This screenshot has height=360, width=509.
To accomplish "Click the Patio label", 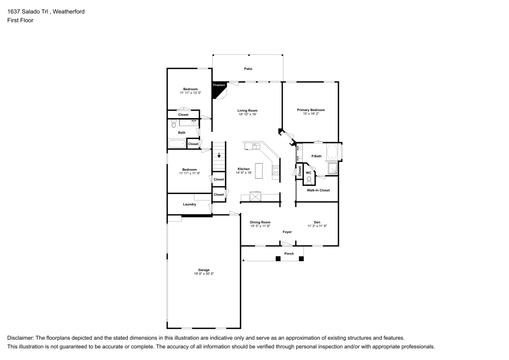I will click(x=248, y=69).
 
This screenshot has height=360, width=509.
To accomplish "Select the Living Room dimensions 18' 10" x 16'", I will click(x=247, y=115).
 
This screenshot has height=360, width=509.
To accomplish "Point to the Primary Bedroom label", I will click(x=310, y=110).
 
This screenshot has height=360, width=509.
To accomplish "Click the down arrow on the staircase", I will click(x=219, y=156).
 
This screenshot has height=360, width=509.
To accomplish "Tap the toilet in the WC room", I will click(x=309, y=179).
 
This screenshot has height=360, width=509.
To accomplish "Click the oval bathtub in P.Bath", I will click(x=331, y=152).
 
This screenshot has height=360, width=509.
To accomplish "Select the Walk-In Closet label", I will click(x=318, y=190).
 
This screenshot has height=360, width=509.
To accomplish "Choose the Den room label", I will click(x=317, y=222).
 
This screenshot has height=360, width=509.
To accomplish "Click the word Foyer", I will click(x=288, y=232).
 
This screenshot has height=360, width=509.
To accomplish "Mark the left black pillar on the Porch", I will click(x=278, y=259).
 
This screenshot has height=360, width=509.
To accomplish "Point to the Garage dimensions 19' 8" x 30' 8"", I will click(x=204, y=274).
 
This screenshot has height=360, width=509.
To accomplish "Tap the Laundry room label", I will click(x=189, y=205).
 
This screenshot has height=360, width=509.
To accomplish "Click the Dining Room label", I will click(x=260, y=222).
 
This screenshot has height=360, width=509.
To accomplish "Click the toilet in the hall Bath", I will click(x=173, y=124).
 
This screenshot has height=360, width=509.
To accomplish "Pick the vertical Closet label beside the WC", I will click(x=300, y=172).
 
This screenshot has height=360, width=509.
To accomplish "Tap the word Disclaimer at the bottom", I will click(x=20, y=338).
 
